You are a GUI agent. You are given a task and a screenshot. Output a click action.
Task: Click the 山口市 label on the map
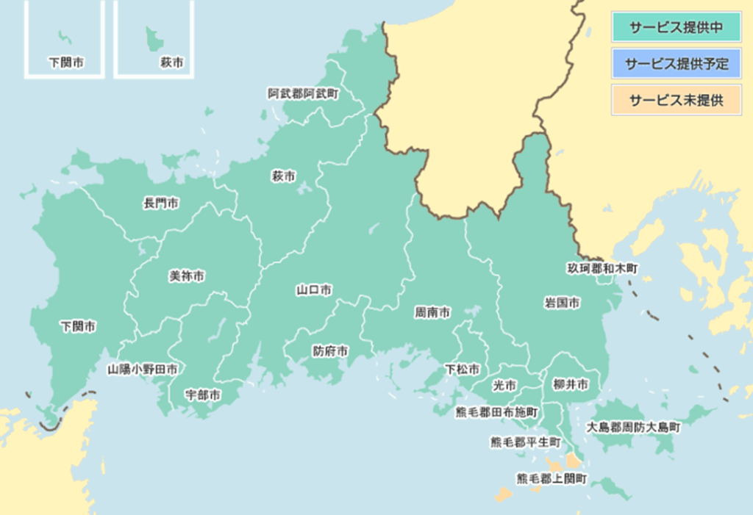[313, 290]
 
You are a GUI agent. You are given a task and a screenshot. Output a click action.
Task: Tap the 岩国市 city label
[562, 303]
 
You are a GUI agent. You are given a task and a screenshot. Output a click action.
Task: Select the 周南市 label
[432, 312]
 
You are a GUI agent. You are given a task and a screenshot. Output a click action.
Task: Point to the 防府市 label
[330, 351]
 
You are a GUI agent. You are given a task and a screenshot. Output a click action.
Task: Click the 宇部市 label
[202, 395]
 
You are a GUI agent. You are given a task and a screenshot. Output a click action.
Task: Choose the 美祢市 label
[187, 276]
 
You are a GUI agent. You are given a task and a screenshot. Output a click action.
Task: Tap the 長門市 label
[160, 203]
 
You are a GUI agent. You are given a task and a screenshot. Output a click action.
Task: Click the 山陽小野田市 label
[142, 370]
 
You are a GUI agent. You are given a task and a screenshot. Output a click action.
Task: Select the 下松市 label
[463, 369]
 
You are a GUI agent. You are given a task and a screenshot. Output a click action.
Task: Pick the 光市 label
[504, 385]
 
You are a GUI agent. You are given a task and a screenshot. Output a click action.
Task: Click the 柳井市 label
[571, 384]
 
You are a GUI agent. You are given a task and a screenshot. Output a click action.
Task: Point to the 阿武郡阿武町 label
[303, 93]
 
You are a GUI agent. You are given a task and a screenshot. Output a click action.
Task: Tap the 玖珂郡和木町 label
[602, 269]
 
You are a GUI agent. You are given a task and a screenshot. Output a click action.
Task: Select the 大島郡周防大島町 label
[633, 427]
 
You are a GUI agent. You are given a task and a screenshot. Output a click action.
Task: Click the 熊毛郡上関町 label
[552, 478]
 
